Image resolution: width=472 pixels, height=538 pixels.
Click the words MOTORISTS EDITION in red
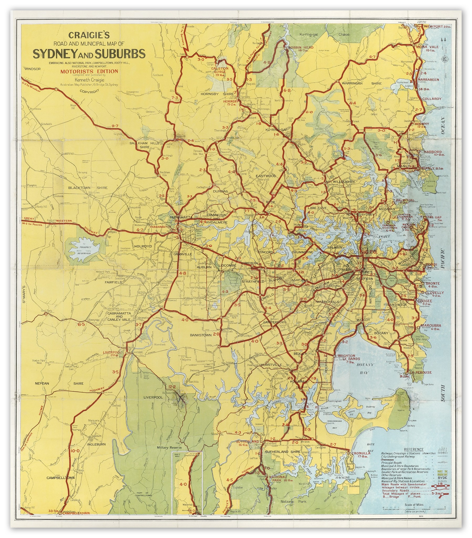(x=89, y=71)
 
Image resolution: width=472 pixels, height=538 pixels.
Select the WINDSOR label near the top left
(x=33, y=69)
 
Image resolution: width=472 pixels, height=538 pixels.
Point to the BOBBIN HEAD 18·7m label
(x=301, y=48)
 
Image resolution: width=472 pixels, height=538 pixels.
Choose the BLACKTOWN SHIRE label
(x=88, y=188)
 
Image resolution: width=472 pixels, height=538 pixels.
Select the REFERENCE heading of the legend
(x=414, y=449)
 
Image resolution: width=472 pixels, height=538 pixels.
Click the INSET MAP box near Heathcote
(x=187, y=483)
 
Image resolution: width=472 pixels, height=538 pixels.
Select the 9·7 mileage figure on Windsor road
(x=115, y=126)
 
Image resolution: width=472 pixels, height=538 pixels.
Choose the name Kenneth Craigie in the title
(x=90, y=80)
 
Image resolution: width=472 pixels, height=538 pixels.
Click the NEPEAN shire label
(x=42, y=383)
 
